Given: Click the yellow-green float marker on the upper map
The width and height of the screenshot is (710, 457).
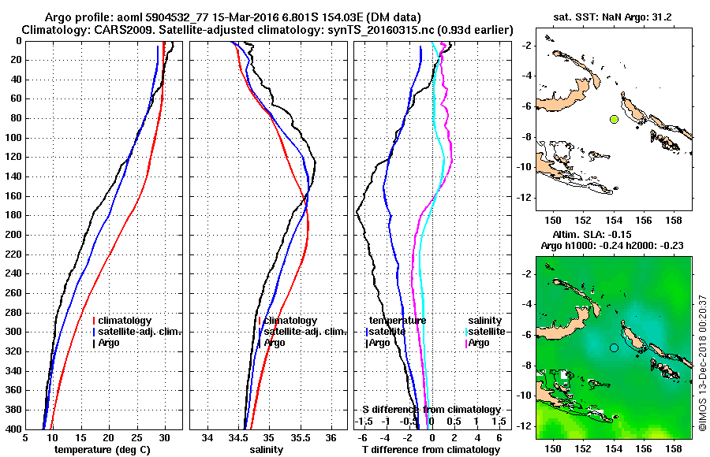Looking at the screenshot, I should [614, 119].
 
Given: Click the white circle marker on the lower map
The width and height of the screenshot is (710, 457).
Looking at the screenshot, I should [614, 347].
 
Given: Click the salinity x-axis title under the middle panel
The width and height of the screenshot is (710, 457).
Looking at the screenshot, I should [267, 450].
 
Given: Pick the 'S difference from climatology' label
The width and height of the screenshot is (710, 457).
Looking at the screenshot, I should [432, 410].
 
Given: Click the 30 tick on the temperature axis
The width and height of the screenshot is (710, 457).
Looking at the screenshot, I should [164, 437].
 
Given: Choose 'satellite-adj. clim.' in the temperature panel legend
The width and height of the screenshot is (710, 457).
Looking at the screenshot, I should [140, 332].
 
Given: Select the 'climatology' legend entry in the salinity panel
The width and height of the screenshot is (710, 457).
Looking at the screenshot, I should [290, 321].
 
